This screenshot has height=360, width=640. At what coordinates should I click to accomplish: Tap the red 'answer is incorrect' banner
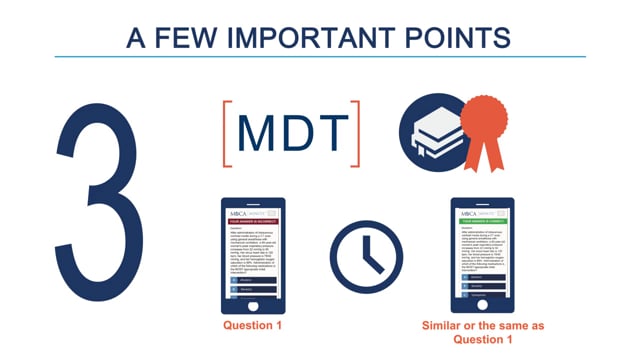click(253, 220)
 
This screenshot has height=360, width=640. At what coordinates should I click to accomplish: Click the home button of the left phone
click(253, 308)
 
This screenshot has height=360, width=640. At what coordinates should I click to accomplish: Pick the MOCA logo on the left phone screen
click(238, 213)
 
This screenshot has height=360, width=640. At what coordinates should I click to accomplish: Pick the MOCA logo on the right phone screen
click(468, 213)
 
